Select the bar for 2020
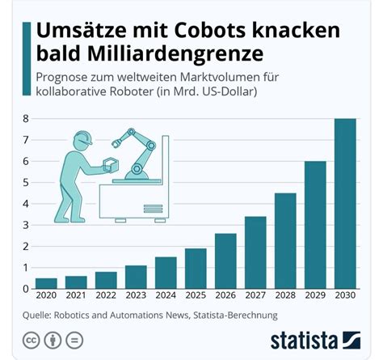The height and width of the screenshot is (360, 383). pyautogui.click(x=46, y=283)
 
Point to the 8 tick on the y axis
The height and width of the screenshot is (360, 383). pyautogui.click(x=27, y=119)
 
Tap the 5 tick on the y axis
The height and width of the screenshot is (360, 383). pyautogui.click(x=27, y=183)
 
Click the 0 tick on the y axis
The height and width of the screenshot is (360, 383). pyautogui.click(x=27, y=289)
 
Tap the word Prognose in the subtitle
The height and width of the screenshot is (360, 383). pyautogui.click(x=64, y=77)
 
